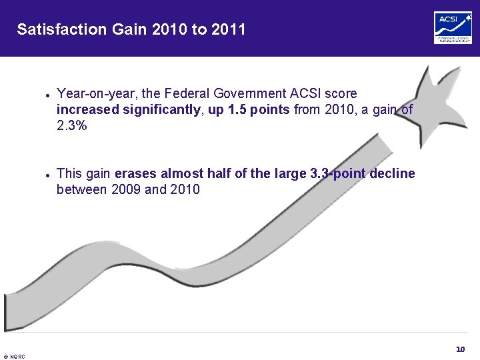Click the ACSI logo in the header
pos(453,28)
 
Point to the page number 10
pos(460,349)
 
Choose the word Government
pos(247,93)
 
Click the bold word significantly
pos(161,109)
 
